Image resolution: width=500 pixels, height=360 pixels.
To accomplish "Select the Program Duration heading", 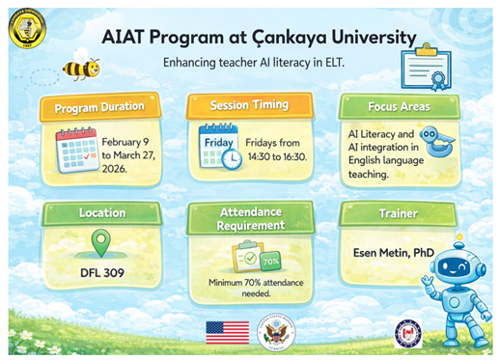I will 99,105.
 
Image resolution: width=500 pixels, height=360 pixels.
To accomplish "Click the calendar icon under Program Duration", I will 76,150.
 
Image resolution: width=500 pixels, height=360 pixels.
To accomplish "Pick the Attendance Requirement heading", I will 250,218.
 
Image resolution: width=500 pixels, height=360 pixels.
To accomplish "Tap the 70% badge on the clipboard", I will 271,262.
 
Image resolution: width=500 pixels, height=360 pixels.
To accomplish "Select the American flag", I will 227,331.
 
